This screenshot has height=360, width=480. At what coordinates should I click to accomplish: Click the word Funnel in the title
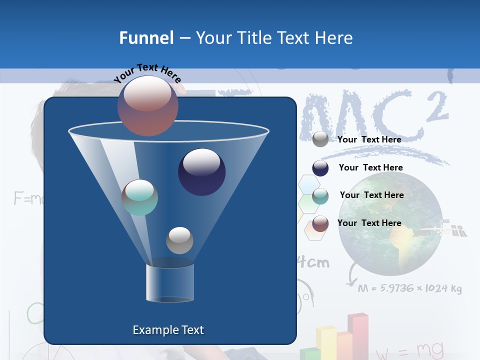click(146, 37)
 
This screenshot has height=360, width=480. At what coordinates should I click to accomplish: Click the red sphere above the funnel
click(147, 105)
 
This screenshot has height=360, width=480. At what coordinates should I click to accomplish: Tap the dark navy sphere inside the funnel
click(201, 172)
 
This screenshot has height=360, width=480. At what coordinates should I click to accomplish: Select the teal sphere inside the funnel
click(139, 197)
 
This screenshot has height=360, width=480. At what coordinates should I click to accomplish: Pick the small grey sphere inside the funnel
click(179, 240)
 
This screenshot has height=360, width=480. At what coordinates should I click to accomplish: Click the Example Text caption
click(168, 330)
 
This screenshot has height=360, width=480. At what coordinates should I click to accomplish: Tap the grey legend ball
click(320, 139)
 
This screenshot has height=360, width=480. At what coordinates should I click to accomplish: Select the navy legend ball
click(320, 168)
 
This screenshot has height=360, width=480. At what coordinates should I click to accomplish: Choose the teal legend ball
click(320, 196)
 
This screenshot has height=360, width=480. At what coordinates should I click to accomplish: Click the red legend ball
click(320, 223)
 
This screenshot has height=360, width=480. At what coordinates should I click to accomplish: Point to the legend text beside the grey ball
click(369, 139)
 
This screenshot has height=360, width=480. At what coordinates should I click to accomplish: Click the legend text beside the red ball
click(369, 223)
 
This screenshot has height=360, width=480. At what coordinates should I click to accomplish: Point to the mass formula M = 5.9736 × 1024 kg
click(410, 288)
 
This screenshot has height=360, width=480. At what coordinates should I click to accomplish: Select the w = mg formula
click(409, 350)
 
